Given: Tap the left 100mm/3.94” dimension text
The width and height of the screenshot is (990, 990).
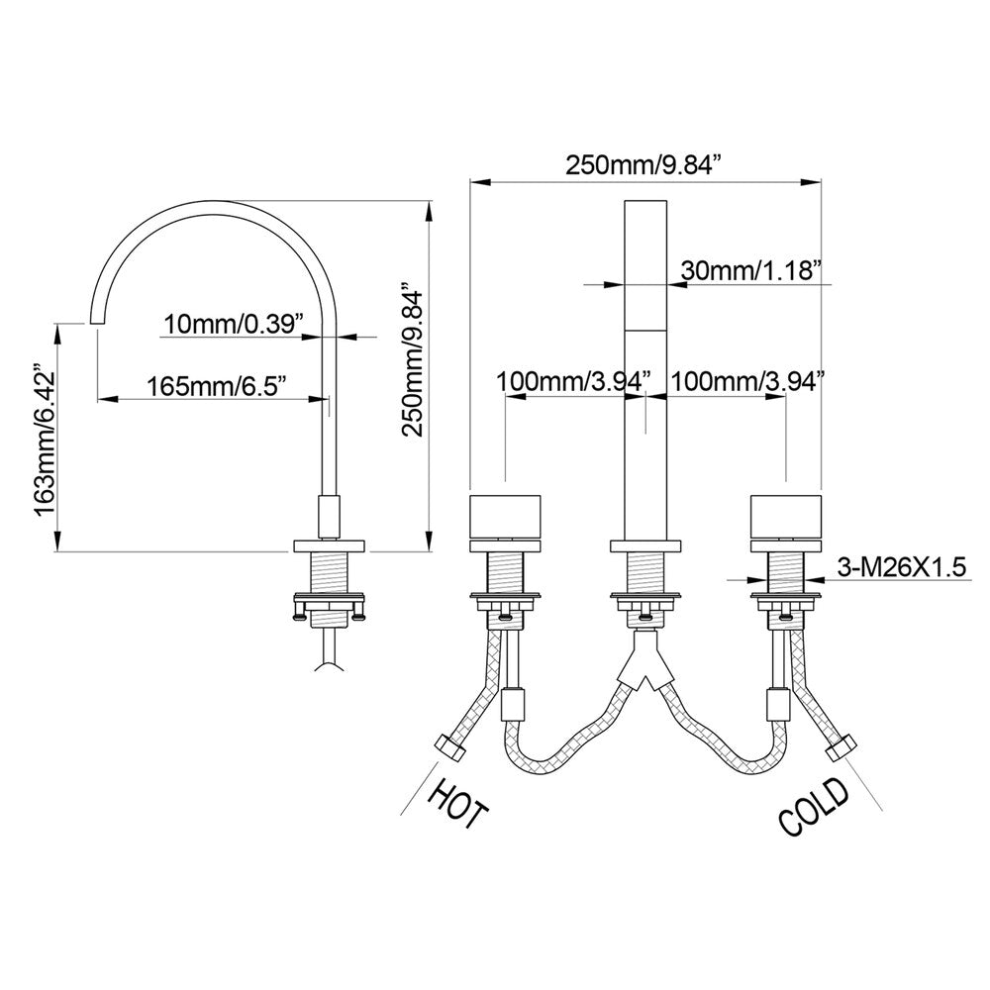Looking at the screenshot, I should click(x=573, y=381).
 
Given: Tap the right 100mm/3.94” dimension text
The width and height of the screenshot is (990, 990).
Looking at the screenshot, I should click(x=748, y=381).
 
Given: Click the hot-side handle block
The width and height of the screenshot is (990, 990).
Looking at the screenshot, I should click(x=506, y=518).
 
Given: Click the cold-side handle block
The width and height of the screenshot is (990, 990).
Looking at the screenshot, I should click(x=786, y=518).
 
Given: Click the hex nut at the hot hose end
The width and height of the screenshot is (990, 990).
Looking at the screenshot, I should click(x=449, y=747).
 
